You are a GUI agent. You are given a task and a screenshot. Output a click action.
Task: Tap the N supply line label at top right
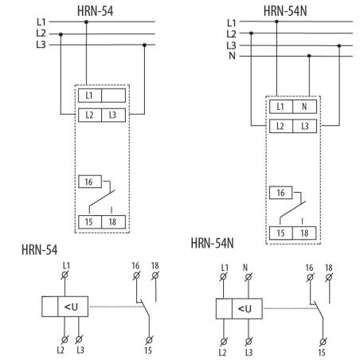232,56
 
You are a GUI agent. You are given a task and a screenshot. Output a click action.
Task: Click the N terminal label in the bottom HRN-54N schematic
247,267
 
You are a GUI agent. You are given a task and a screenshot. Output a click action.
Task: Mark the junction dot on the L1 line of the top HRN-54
87,22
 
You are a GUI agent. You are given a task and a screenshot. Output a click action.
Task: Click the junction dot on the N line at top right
308,56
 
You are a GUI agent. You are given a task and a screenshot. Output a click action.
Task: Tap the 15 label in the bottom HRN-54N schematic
322,350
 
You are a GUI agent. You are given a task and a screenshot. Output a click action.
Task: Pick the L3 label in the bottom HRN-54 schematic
80,350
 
